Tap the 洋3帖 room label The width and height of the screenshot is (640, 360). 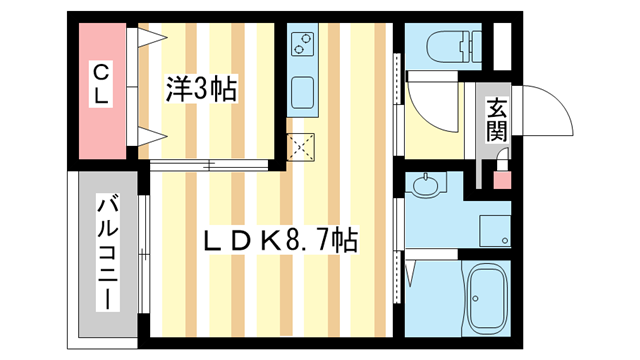coord(200,91)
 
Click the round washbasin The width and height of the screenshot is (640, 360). coord(428,185)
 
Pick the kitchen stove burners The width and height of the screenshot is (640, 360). coord(303,45)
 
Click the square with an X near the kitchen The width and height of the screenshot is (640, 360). coord(300,148)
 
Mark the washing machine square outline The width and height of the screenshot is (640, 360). coord(493,229)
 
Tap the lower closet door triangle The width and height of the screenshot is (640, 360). coord(150,136)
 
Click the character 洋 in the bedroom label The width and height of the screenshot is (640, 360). coord(177,91)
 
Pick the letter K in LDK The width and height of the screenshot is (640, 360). coord(268,241)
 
